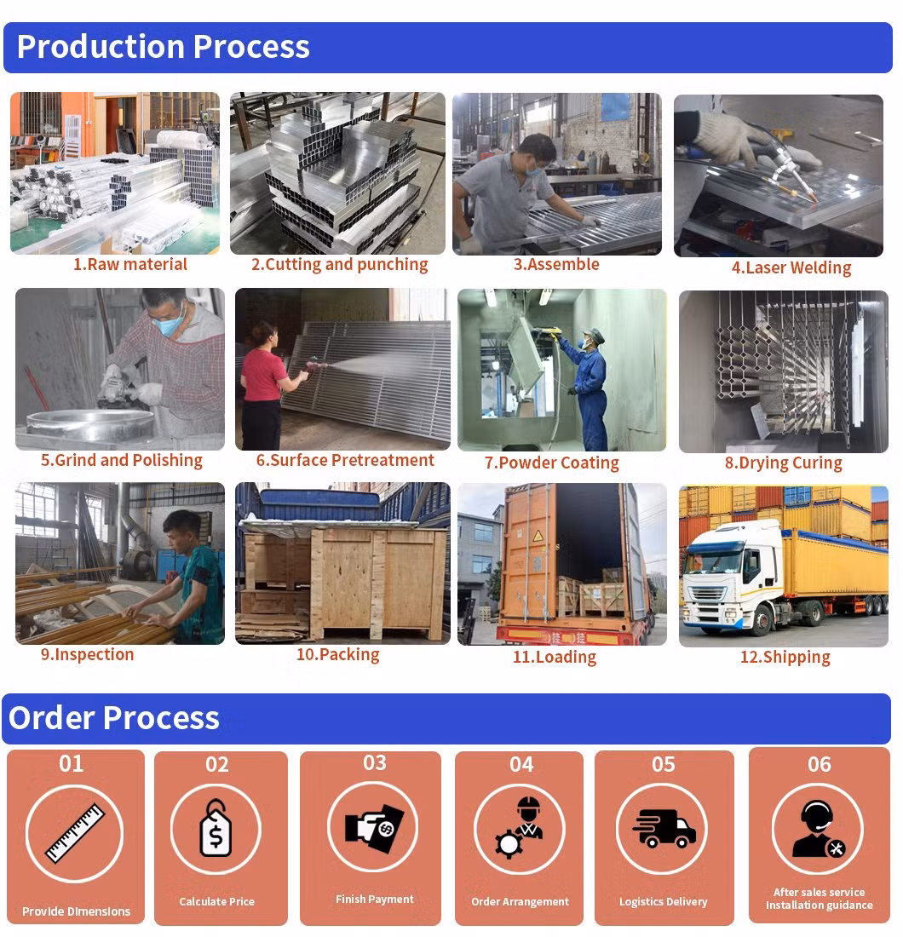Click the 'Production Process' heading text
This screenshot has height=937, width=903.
pos(164,47)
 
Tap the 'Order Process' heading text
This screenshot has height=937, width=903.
pos(114,718)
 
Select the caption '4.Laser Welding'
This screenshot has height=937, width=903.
pos(791,267)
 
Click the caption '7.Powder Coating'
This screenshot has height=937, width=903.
pos(552,463)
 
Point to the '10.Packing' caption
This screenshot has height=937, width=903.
pos(337,654)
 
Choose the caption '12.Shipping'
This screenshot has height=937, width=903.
pos(785,657)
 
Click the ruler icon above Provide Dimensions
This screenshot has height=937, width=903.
pos(75,833)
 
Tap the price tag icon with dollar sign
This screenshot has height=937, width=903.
pos(216,828)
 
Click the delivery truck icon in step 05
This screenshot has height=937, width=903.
pos(663,829)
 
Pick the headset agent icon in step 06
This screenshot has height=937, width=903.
pos(818,830)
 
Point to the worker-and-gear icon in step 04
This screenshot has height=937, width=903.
pos(519,828)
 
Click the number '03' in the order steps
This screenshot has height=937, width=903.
pos(375,763)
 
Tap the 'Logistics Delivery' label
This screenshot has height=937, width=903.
pos(664,902)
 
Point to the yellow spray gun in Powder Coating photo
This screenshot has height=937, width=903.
pos(548,330)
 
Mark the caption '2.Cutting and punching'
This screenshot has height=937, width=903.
pos(339,264)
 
